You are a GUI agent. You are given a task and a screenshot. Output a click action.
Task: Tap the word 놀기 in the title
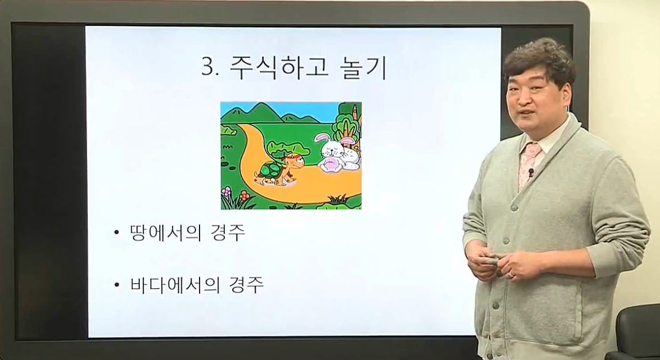pos(362,67)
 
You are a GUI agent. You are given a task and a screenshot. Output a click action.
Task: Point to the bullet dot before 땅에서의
pos(117,233)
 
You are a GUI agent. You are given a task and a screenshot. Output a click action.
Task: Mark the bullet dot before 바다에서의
pos(117,285)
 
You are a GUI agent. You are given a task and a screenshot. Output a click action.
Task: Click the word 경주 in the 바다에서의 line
pos(247,285)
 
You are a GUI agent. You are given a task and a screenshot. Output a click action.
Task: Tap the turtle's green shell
pos(271,170)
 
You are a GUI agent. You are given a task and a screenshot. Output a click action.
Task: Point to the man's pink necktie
pos(528,162)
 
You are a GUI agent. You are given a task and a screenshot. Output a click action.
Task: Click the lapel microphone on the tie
pos(531,172)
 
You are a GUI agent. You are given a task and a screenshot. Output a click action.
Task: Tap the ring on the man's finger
pos(511,274)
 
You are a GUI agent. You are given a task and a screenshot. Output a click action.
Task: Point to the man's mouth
pos(526,113)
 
